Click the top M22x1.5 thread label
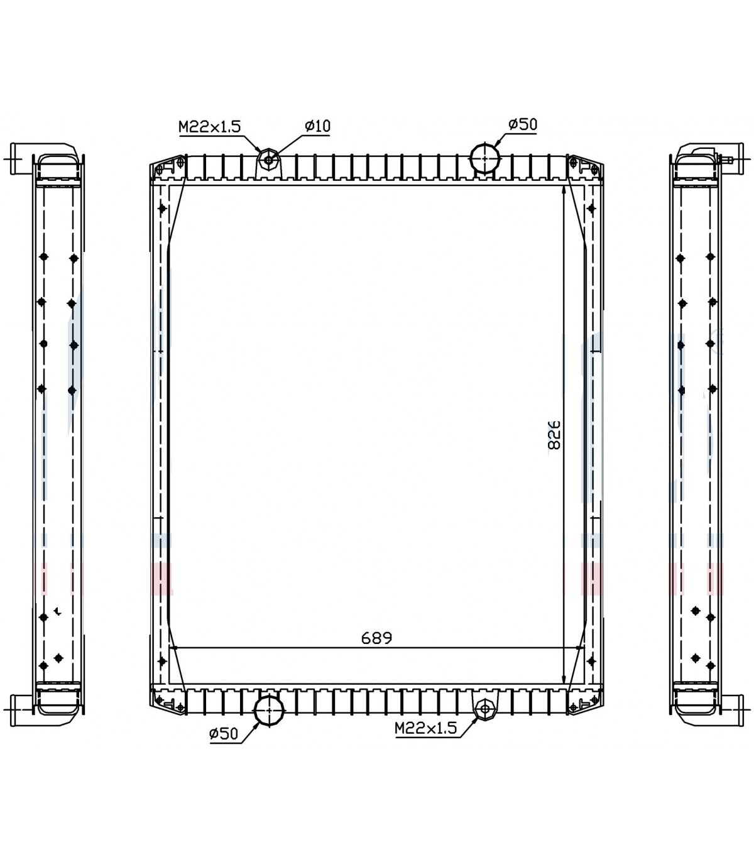(x=209, y=126)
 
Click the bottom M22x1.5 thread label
(x=425, y=728)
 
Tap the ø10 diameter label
(x=317, y=126)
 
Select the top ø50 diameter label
(x=523, y=124)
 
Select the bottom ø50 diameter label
(x=224, y=734)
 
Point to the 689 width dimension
(x=376, y=638)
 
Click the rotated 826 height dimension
(x=554, y=435)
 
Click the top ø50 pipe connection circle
(x=485, y=158)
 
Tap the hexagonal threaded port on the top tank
(x=269, y=160)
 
